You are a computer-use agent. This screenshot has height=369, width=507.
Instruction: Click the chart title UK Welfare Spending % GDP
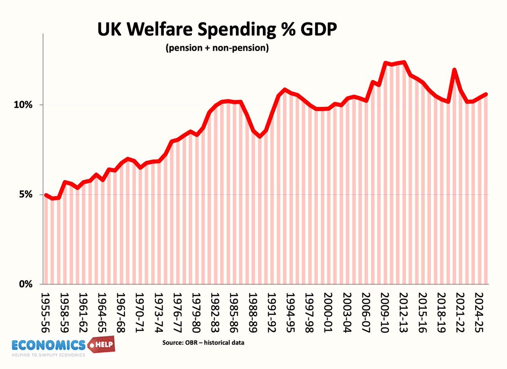pos(217,29)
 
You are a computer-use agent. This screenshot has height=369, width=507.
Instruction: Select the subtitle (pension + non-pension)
pos(217,48)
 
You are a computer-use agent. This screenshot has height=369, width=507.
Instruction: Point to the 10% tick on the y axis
pos(23,105)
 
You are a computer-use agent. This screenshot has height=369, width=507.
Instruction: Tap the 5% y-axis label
pos(26,194)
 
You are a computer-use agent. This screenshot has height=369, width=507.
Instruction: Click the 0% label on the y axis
pos(26,284)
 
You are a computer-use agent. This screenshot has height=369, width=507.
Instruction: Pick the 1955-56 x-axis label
pos(45,313)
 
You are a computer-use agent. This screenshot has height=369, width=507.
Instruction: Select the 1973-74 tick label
pos(159,313)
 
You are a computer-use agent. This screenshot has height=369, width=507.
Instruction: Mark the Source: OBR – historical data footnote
pos(203,342)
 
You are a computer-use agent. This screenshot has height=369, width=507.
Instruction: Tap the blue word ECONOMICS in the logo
pos(49,345)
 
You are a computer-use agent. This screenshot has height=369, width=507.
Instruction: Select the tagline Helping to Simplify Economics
pos(49,355)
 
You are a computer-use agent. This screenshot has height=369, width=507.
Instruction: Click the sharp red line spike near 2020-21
pos(454,70)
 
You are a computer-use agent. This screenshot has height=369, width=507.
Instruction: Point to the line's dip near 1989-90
pos(259,136)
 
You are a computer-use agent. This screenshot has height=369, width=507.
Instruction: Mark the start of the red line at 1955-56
pos(46,195)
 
